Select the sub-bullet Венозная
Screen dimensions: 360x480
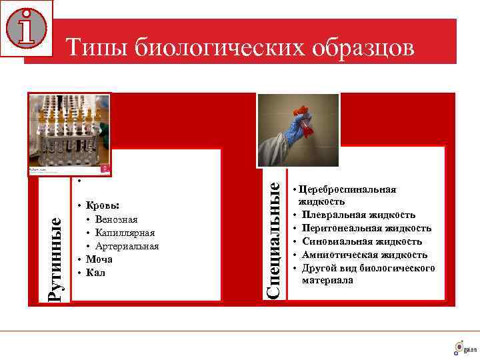tap(116, 219)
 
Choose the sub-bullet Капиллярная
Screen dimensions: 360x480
tap(125, 233)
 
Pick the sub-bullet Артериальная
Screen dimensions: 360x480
tap(127, 246)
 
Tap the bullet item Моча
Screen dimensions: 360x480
tap(99, 259)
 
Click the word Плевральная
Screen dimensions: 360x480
tap(333, 215)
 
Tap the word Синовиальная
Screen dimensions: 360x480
tap(335, 241)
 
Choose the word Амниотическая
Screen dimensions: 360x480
tap(337, 255)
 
